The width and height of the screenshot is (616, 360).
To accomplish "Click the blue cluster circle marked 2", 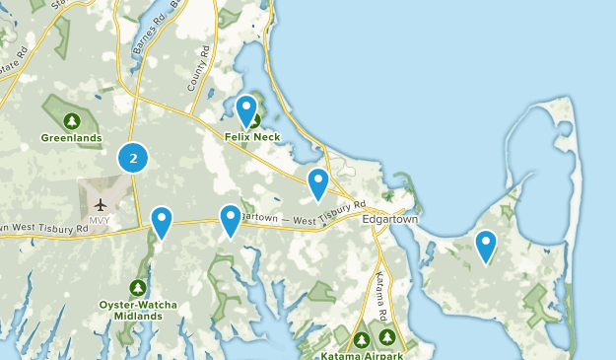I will [x=133, y=157].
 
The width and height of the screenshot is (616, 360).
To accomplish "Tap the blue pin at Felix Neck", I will [x=246, y=110].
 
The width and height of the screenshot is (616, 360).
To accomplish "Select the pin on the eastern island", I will [x=486, y=246].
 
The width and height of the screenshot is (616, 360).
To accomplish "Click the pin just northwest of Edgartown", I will [x=317, y=183].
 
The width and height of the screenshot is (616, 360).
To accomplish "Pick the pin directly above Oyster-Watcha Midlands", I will [x=162, y=222].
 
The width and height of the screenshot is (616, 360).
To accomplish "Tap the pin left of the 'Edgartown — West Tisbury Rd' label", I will [x=230, y=219].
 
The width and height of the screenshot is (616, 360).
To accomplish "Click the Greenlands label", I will [x=71, y=138].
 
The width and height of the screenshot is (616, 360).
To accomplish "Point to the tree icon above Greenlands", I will [x=71, y=121].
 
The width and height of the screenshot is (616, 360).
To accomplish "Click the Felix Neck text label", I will [x=252, y=137].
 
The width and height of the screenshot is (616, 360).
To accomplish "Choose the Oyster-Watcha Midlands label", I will [x=138, y=310].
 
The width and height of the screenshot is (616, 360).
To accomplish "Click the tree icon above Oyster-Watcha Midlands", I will [x=138, y=288].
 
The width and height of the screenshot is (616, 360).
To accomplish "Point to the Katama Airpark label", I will [x=361, y=353].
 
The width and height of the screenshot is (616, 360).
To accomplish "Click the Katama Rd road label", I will [x=381, y=292].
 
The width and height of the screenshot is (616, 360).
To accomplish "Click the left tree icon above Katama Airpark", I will [x=362, y=338].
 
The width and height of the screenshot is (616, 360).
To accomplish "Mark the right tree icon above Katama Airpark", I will [x=388, y=338].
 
